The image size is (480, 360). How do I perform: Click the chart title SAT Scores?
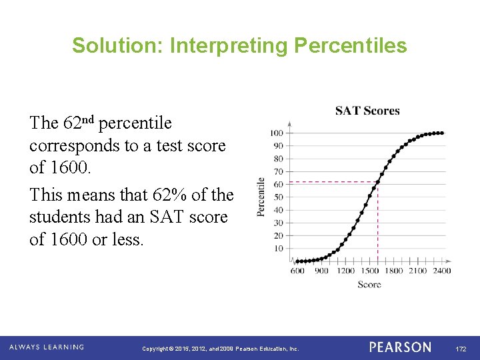click(367, 111)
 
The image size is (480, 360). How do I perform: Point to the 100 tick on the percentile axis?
click(276, 133)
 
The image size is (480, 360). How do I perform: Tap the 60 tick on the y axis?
click(278, 184)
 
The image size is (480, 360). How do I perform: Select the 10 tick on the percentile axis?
click(278, 248)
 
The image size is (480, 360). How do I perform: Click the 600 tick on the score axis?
click(297, 271)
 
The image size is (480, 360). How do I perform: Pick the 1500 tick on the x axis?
click(370, 271)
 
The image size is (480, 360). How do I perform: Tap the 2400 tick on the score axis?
click(441, 271)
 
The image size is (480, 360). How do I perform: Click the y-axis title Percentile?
click(261, 196)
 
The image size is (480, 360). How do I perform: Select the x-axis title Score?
click(369, 285)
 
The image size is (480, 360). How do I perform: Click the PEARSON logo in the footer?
click(400, 347)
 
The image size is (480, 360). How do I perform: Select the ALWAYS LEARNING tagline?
click(47, 347)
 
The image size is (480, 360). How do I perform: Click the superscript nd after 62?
click(89, 119)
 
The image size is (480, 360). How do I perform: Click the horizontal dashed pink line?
click(333, 182)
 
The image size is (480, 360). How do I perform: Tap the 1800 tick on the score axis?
click(394, 271)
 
